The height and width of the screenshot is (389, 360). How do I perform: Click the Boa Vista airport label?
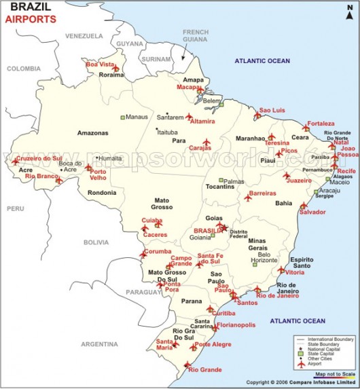click(100, 64)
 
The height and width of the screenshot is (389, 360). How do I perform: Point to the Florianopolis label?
click(237, 325)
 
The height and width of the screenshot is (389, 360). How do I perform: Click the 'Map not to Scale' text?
click(335, 374)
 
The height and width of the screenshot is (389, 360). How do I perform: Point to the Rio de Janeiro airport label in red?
click(277, 295)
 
